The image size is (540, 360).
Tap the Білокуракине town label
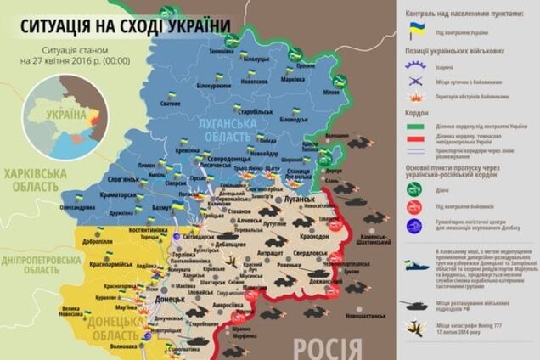213,87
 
